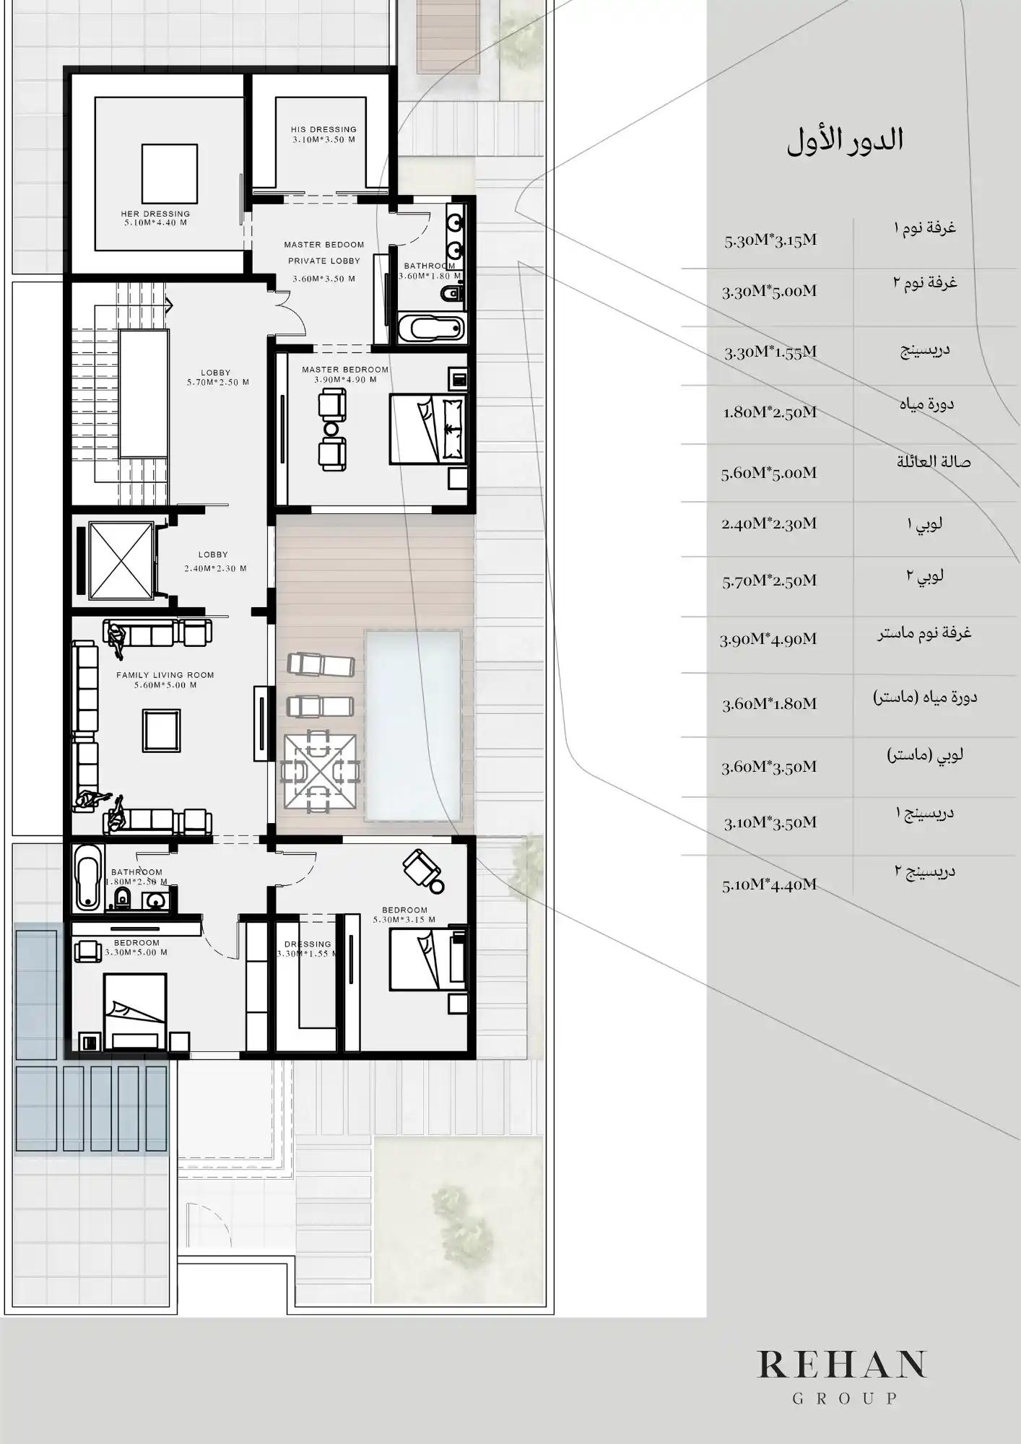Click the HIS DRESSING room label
click(323, 134)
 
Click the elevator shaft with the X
click(121, 560)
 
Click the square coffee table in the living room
click(161, 731)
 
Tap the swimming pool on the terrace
click(413, 725)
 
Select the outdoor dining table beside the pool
click(320, 771)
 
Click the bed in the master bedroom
click(427, 429)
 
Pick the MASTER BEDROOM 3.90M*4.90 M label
click(345, 374)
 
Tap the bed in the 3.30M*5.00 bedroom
click(135, 1011)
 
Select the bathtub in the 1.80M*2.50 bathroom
click(88, 876)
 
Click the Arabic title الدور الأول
click(845, 140)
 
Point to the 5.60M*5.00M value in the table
click(768, 473)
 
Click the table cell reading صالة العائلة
click(934, 462)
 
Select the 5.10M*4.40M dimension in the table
click(769, 884)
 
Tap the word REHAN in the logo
click(842, 1364)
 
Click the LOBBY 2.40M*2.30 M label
click(214, 561)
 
